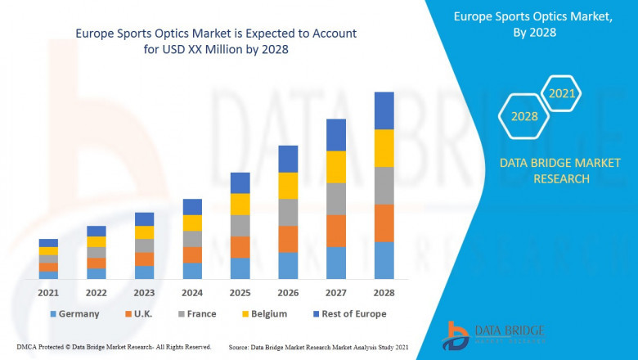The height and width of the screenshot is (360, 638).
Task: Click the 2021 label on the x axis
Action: pos(48,292)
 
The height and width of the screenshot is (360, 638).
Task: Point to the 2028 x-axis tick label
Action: pos(384,292)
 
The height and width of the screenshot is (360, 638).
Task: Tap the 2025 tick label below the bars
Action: pos(240,292)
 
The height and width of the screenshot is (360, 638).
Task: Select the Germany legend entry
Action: pos(74,313)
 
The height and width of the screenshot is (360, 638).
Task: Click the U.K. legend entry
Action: pos(139,313)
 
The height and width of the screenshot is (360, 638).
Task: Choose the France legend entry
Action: pos(196,313)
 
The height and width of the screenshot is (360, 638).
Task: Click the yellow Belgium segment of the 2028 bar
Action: pos(384,148)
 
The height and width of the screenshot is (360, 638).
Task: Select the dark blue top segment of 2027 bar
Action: pos(336,135)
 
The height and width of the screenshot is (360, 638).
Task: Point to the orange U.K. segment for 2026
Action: pos(288,239)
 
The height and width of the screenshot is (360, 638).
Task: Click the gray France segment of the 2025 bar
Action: pos(240,226)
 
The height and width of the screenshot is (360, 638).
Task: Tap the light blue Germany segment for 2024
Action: pos(192,271)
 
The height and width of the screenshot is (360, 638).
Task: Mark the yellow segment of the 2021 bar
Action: pos(48,251)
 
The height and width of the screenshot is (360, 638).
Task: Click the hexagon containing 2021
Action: pos(562,93)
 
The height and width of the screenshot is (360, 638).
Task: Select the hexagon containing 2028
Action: pos(524,116)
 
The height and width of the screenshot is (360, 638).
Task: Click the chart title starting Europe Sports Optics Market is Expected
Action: pos(215,41)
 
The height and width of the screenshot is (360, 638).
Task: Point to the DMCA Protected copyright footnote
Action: pos(114,347)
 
